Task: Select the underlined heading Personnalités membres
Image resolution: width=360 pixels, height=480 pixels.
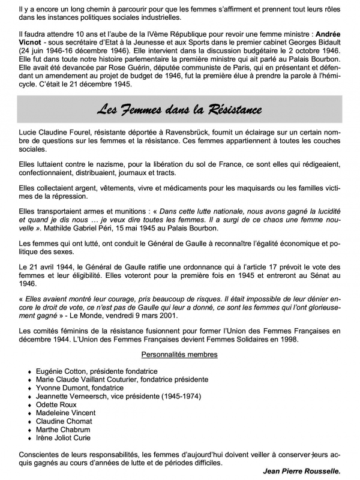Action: point(179,354)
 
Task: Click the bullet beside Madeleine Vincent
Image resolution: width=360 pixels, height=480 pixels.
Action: point(30,413)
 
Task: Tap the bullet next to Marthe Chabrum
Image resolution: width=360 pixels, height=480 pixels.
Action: point(30,430)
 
